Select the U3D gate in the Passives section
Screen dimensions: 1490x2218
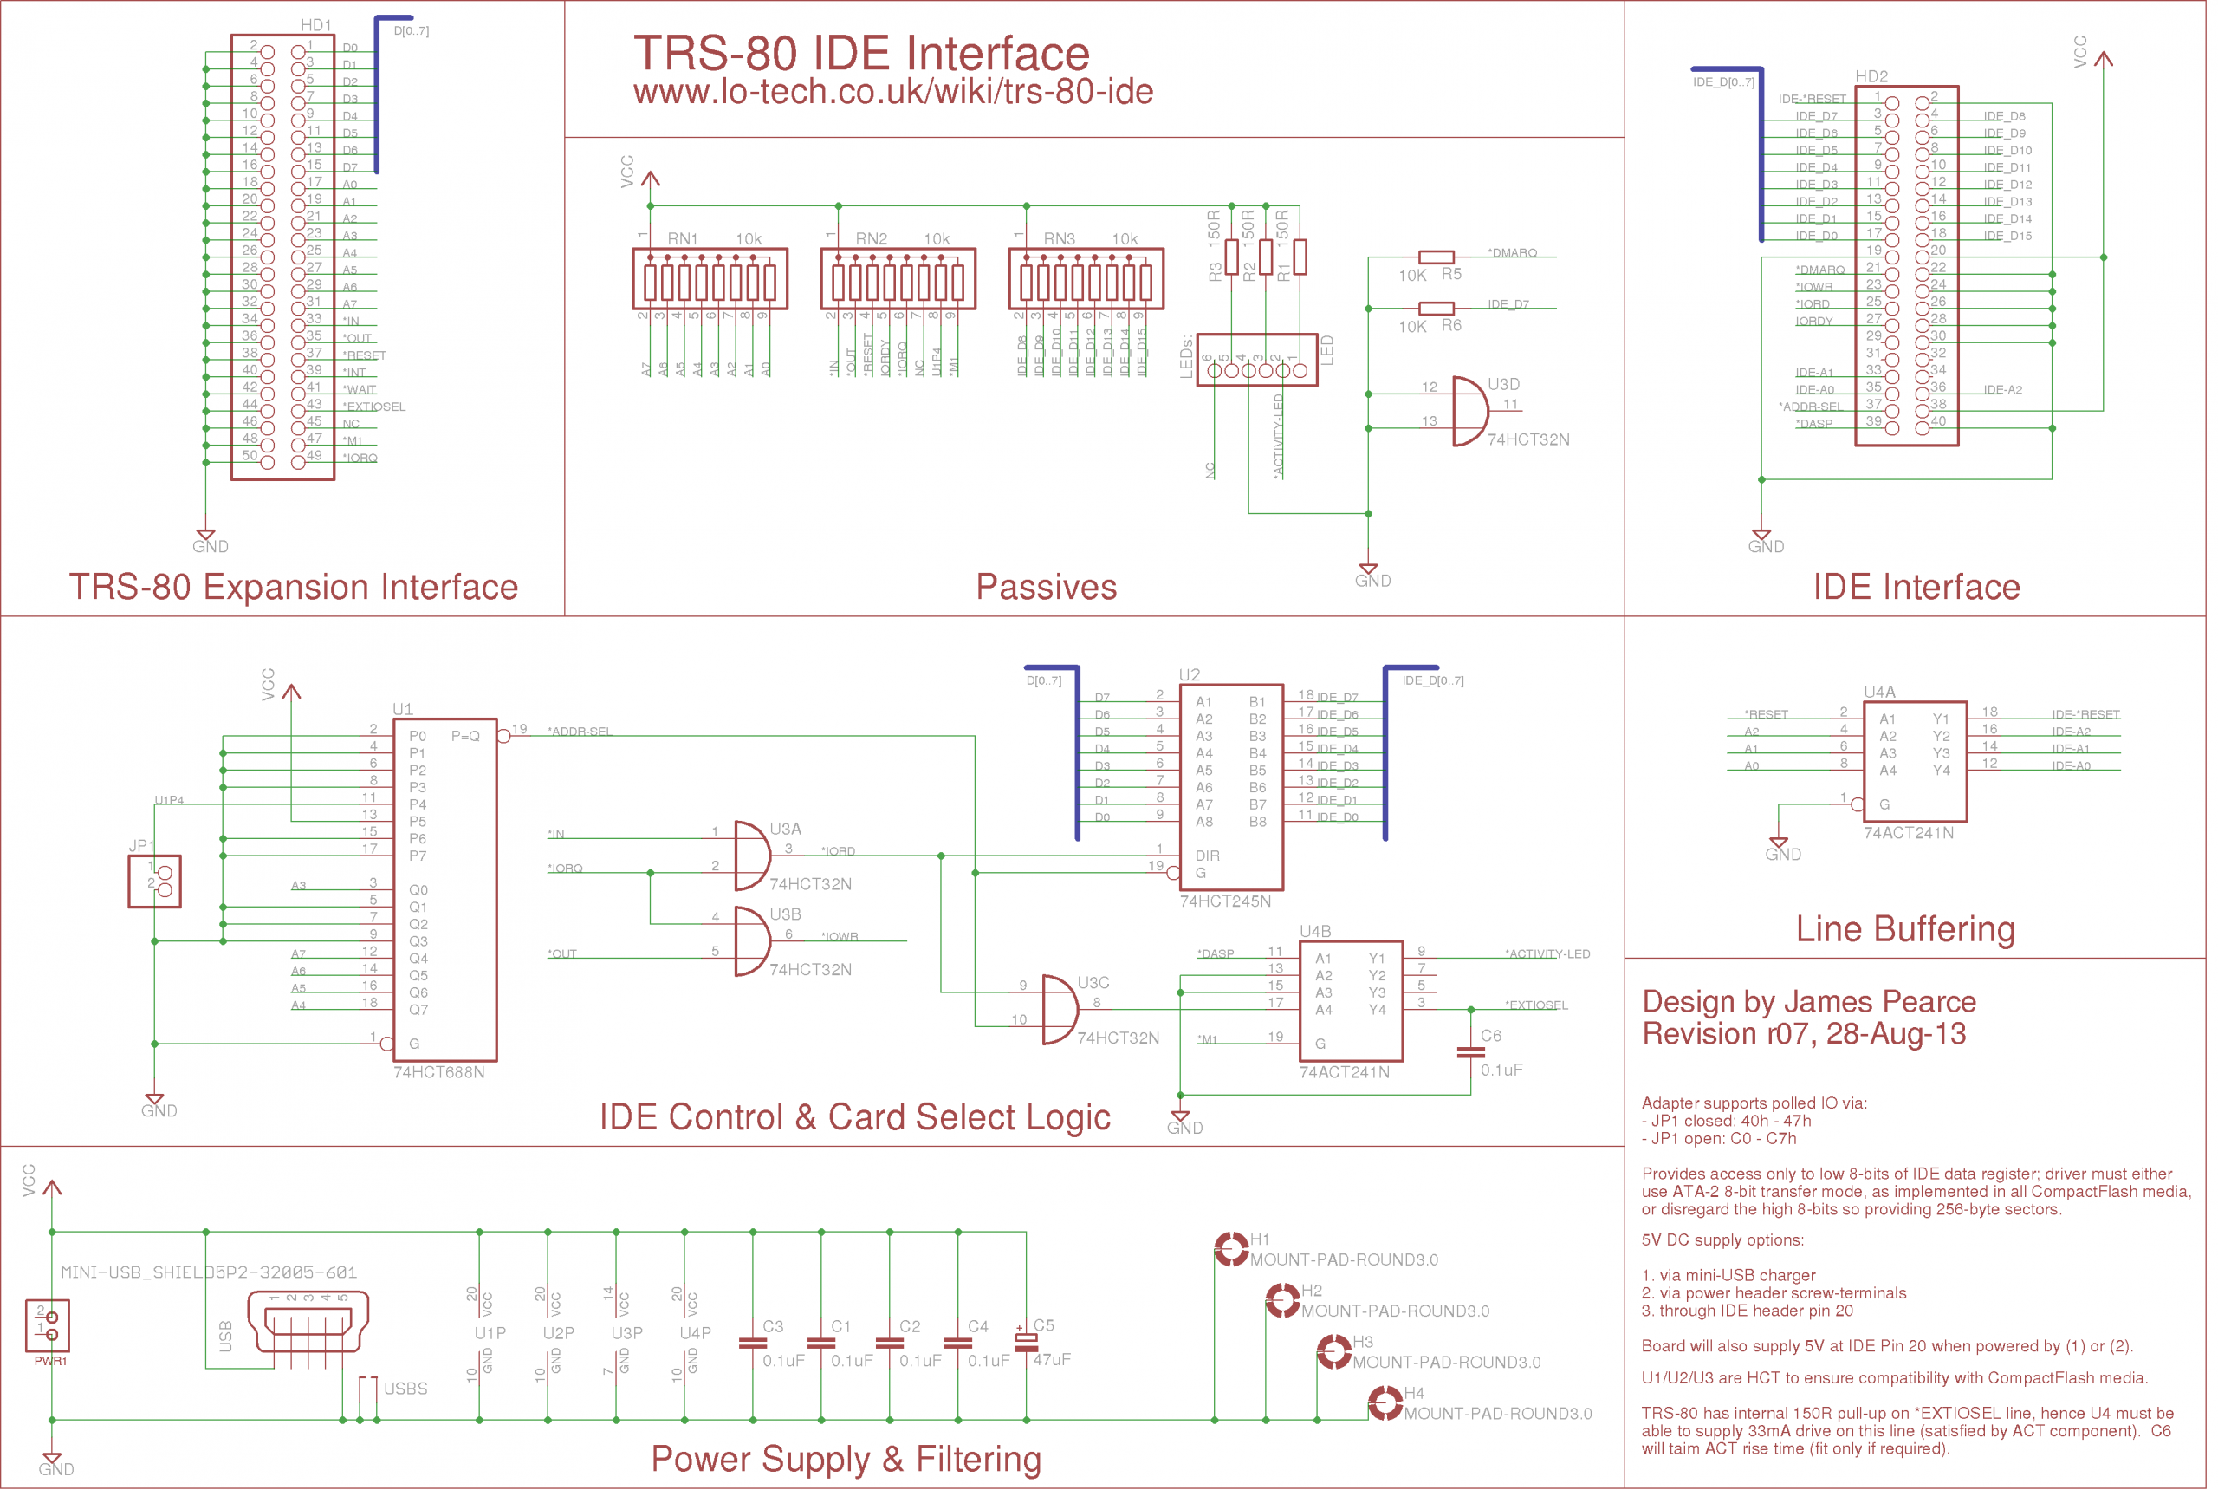click(x=1469, y=412)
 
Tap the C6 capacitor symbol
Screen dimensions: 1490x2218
click(x=1470, y=1052)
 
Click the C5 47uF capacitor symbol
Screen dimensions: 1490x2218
click(x=1026, y=1342)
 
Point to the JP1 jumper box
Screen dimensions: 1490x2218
click(x=155, y=881)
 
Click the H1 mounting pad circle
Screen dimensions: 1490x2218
click(x=1232, y=1249)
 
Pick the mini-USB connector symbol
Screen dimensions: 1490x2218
click(x=308, y=1321)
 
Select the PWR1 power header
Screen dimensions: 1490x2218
click(x=48, y=1325)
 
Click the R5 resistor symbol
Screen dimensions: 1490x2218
click(x=1436, y=257)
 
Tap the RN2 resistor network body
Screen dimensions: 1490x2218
click(x=898, y=279)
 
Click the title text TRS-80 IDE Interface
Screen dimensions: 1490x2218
click(x=860, y=53)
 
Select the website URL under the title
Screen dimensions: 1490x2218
click(x=893, y=92)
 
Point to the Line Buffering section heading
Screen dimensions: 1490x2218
click(x=1904, y=928)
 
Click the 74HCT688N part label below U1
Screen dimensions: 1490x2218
click(x=439, y=1073)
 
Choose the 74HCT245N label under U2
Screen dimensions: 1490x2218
click(x=1224, y=901)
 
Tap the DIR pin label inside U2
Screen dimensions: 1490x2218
click(x=1207, y=856)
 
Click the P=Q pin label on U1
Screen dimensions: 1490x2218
click(x=465, y=737)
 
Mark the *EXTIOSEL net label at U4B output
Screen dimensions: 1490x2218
click(x=1536, y=1005)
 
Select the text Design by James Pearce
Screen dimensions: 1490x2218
click(x=1808, y=1002)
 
